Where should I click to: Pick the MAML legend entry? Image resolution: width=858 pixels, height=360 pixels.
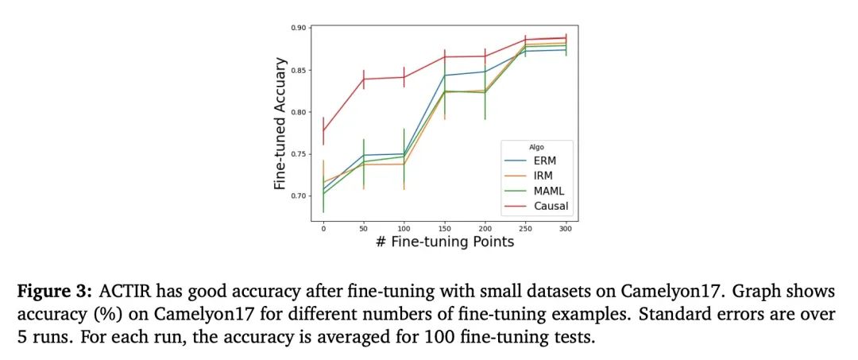546,192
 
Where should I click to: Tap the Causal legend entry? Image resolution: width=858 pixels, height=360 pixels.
547,207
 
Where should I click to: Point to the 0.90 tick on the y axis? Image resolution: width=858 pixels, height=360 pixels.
298,28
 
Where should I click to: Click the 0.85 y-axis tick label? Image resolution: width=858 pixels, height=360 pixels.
298,70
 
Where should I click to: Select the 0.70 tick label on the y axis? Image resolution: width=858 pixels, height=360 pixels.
298,195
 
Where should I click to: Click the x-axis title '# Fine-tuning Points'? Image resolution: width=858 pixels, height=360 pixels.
444,242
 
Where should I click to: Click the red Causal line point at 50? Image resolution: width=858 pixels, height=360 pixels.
364,79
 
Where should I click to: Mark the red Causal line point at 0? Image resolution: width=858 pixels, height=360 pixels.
323,131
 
